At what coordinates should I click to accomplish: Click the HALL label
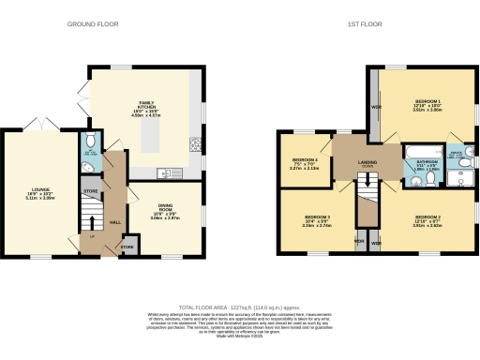[115, 221]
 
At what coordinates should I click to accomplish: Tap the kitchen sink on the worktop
[166, 171]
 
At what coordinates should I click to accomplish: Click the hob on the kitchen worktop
[197, 144]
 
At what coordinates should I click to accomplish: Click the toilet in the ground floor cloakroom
[89, 142]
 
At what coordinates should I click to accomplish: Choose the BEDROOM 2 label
[427, 221]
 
